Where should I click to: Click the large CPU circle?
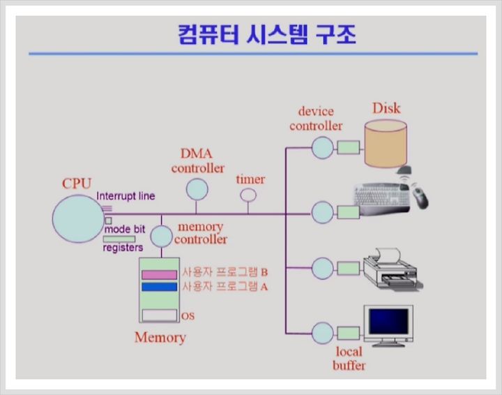click(78, 219)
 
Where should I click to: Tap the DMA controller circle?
click(197, 189)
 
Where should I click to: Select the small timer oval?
click(248, 195)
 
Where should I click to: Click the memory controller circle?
click(161, 237)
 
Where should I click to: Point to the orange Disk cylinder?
click(386, 144)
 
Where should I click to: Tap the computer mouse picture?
click(420, 197)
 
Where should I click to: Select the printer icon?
click(393, 269)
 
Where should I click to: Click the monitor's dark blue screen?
click(388, 321)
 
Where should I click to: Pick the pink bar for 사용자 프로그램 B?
click(159, 275)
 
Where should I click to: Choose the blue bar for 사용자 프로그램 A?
click(159, 287)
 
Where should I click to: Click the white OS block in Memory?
click(160, 315)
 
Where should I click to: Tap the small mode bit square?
click(109, 221)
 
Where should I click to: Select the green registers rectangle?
click(119, 239)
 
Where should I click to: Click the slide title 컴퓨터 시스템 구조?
click(266, 34)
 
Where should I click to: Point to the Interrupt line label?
click(125, 196)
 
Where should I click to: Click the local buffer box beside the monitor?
click(349, 334)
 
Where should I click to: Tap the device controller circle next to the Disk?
click(322, 148)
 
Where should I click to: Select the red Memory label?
click(160, 338)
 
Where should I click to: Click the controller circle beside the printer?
click(322, 269)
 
